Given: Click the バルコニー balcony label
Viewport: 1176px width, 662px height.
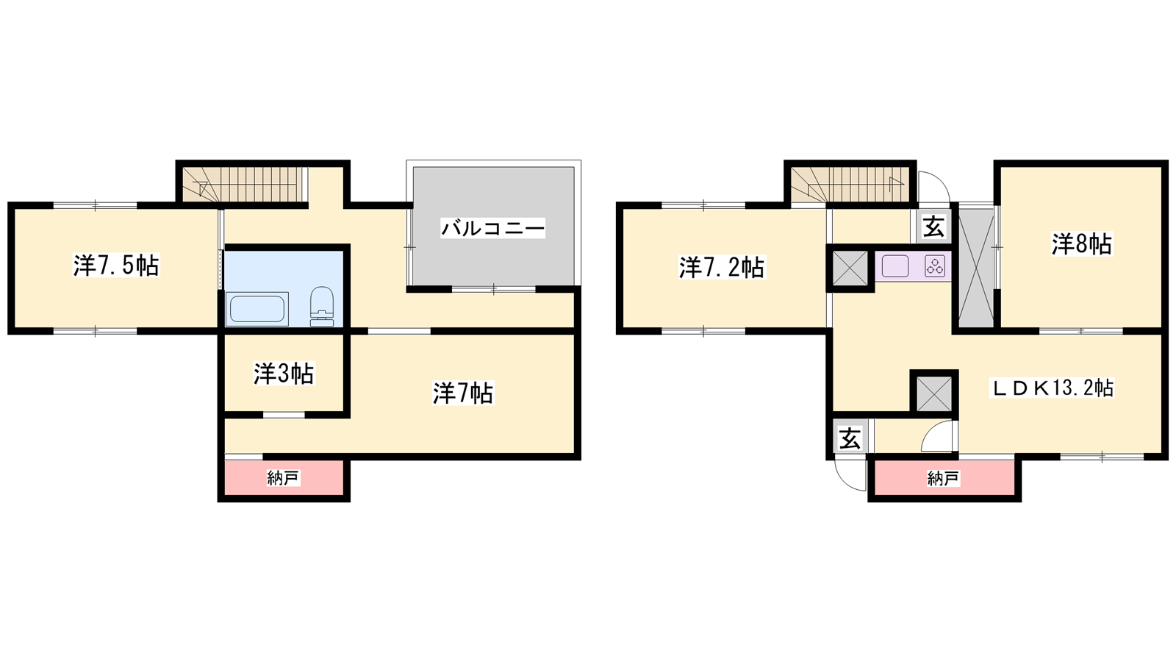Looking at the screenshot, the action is (493, 229).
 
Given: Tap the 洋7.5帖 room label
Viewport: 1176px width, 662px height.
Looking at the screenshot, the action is (116, 266).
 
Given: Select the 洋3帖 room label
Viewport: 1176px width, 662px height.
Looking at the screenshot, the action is (284, 374).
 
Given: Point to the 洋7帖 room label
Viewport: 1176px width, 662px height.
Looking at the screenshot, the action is (462, 393).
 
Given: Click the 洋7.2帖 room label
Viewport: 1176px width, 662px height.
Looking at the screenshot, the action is (722, 267).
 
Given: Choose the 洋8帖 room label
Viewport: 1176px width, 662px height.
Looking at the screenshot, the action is (1081, 244).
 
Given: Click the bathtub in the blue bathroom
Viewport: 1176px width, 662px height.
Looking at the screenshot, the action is (257, 309).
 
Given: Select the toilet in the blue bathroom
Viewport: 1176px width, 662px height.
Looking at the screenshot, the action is (322, 306).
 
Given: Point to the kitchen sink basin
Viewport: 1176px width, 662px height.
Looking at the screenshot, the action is (895, 266).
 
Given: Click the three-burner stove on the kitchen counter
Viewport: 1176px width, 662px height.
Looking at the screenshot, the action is (935, 266).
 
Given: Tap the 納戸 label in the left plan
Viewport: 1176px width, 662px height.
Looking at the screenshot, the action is (283, 478).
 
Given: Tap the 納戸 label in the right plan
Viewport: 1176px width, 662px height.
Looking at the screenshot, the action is (944, 478).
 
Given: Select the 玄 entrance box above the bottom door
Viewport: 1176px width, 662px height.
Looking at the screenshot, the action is (850, 438).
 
